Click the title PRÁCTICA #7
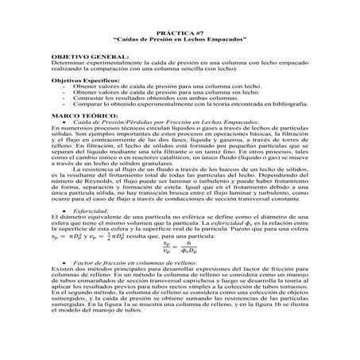tap(180, 29)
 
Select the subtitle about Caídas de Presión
tap(180, 37)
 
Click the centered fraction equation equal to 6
tap(180, 247)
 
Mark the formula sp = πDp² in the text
tap(67, 236)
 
